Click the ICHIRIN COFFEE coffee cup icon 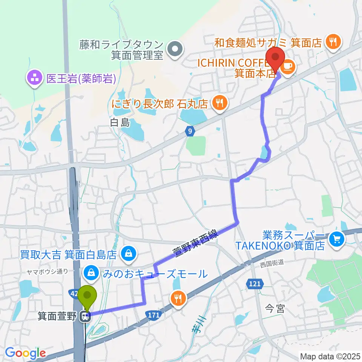[288, 66]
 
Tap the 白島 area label [120, 122]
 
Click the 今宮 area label [275, 309]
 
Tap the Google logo [25, 353]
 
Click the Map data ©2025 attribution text [330, 356]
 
